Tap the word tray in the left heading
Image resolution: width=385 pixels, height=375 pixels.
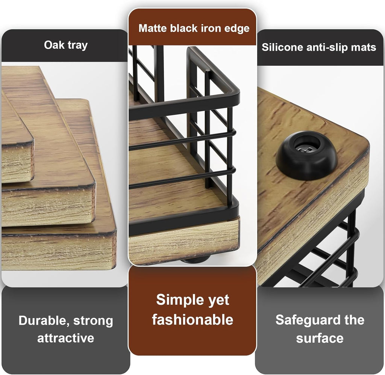click(x=77, y=45)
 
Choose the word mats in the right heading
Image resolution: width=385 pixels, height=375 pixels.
click(x=364, y=47)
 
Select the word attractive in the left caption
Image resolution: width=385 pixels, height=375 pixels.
click(x=65, y=337)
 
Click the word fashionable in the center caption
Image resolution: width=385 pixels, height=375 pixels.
click(x=192, y=319)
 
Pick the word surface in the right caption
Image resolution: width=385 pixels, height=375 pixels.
click(x=320, y=338)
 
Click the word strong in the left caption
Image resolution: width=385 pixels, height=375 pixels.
click(x=93, y=321)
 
